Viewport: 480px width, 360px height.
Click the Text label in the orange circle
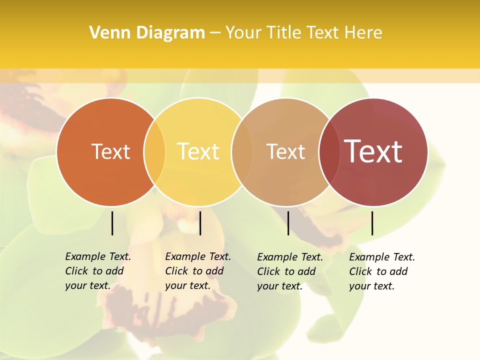point(110,151)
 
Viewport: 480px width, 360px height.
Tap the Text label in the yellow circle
point(198,151)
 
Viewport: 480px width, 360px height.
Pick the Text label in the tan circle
point(285,152)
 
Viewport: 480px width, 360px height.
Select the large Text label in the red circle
point(373,151)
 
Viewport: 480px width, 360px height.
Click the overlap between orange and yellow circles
point(154,152)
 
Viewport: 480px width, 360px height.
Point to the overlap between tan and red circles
point(329,152)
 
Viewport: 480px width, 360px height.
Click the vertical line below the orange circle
point(112,223)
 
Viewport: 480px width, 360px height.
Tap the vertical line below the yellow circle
point(200,223)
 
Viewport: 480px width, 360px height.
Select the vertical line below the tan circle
point(288,223)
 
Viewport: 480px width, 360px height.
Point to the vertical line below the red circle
point(372,223)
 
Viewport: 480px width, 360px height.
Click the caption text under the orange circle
point(97,271)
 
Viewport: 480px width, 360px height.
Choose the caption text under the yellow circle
point(197,271)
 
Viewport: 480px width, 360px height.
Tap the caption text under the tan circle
point(289,271)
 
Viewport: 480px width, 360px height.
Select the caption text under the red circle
point(381,271)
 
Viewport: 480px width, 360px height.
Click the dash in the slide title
point(215,33)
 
